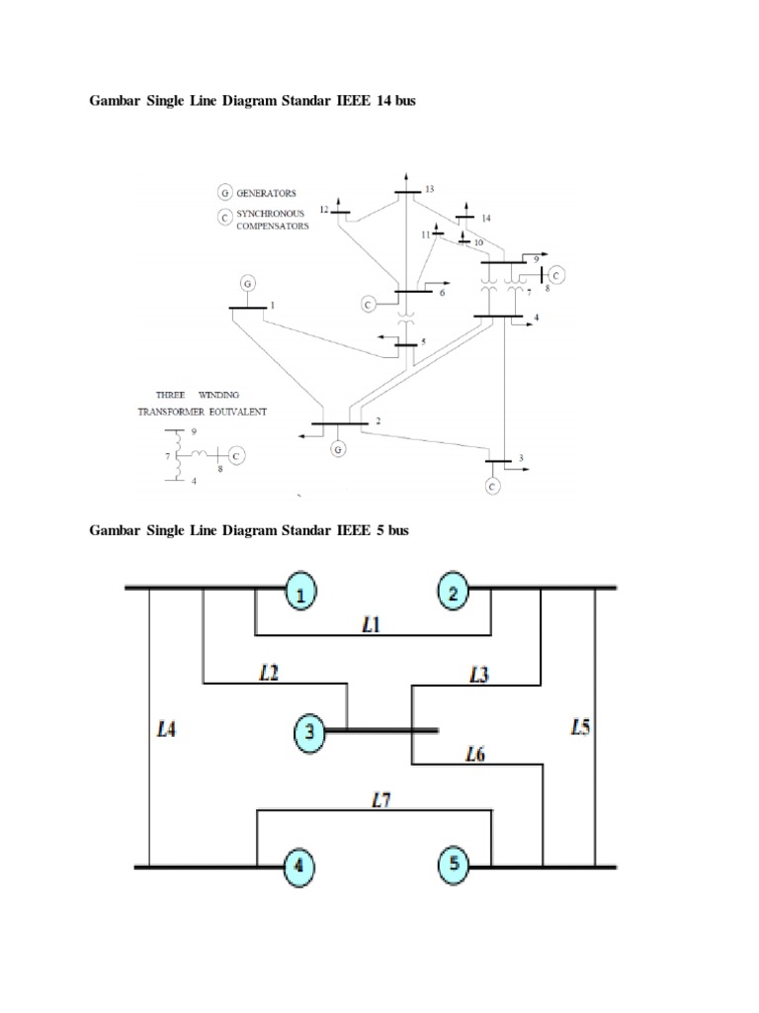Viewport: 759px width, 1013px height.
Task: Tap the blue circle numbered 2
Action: [x=454, y=594]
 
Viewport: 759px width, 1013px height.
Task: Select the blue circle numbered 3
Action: [x=310, y=733]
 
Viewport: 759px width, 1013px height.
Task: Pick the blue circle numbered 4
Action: [x=299, y=868]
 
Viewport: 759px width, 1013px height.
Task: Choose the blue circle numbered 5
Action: [x=454, y=865]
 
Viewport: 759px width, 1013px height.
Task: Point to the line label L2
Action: [x=270, y=673]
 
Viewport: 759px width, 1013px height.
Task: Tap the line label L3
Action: [x=478, y=675]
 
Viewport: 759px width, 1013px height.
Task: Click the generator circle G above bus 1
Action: [x=247, y=284]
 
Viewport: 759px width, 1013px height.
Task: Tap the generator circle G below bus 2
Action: [x=339, y=449]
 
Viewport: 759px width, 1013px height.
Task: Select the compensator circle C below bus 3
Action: [x=493, y=485]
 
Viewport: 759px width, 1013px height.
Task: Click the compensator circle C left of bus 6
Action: [x=369, y=303]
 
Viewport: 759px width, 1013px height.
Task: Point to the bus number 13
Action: [x=429, y=188]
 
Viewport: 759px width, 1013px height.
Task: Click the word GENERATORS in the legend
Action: [x=266, y=194]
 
